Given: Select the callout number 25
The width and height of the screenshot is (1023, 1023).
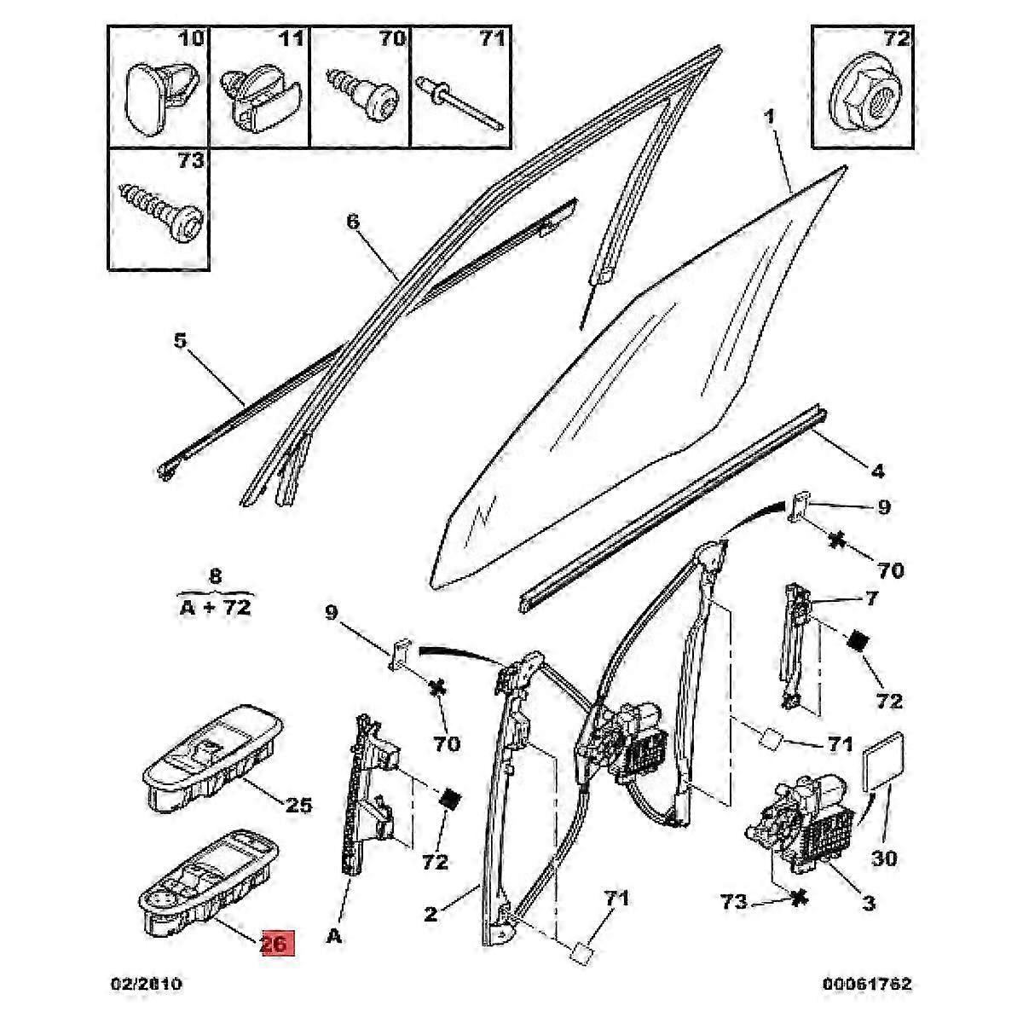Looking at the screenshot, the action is coord(298,806).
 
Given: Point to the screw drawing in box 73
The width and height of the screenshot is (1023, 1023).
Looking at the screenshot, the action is coord(161,213).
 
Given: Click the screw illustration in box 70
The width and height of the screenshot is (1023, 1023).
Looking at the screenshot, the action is coord(361,95).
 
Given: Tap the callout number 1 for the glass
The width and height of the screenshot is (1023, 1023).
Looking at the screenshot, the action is coord(769,116).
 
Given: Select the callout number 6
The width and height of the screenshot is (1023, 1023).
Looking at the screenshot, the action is coord(354,222).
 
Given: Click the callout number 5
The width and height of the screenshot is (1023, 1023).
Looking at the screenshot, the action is coord(181,340).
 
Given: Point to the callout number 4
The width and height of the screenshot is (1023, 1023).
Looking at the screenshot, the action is coord(877,470).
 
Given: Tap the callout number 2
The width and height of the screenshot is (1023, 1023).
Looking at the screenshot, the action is coord(431,913).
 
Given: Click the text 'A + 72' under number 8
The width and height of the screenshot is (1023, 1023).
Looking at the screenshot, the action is coord(215,606).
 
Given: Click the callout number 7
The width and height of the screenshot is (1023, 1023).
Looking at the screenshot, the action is coord(871,598).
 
